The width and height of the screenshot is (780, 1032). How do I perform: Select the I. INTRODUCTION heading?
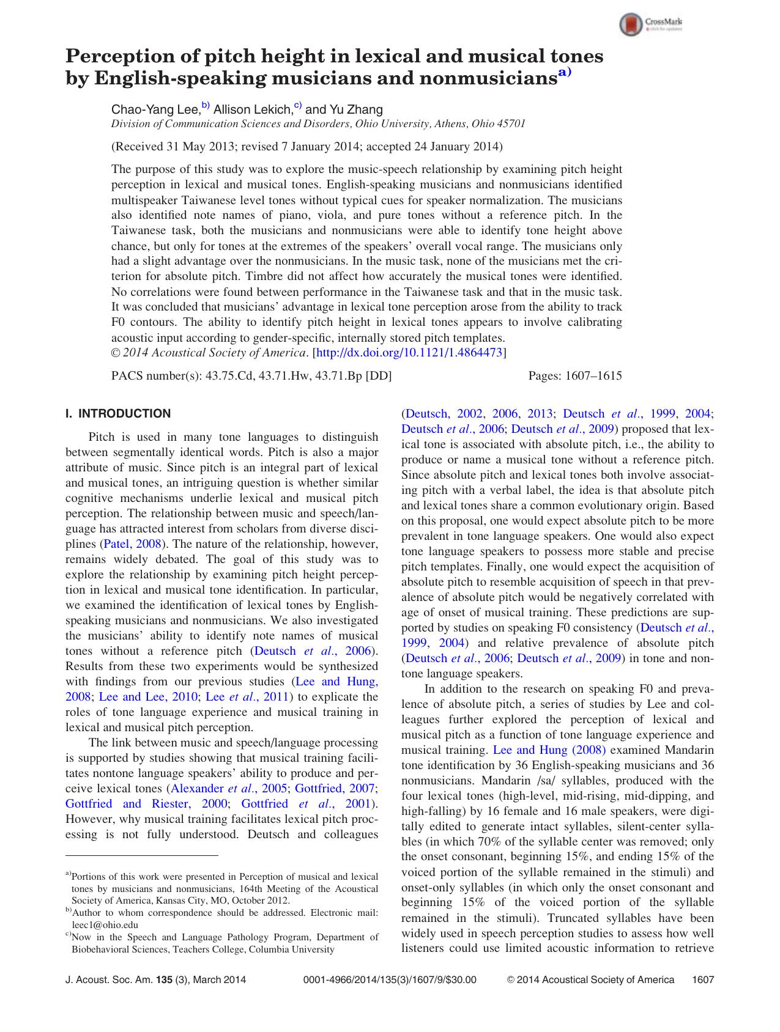click(x=118, y=414)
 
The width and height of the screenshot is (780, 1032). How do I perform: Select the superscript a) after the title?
click(x=564, y=73)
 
